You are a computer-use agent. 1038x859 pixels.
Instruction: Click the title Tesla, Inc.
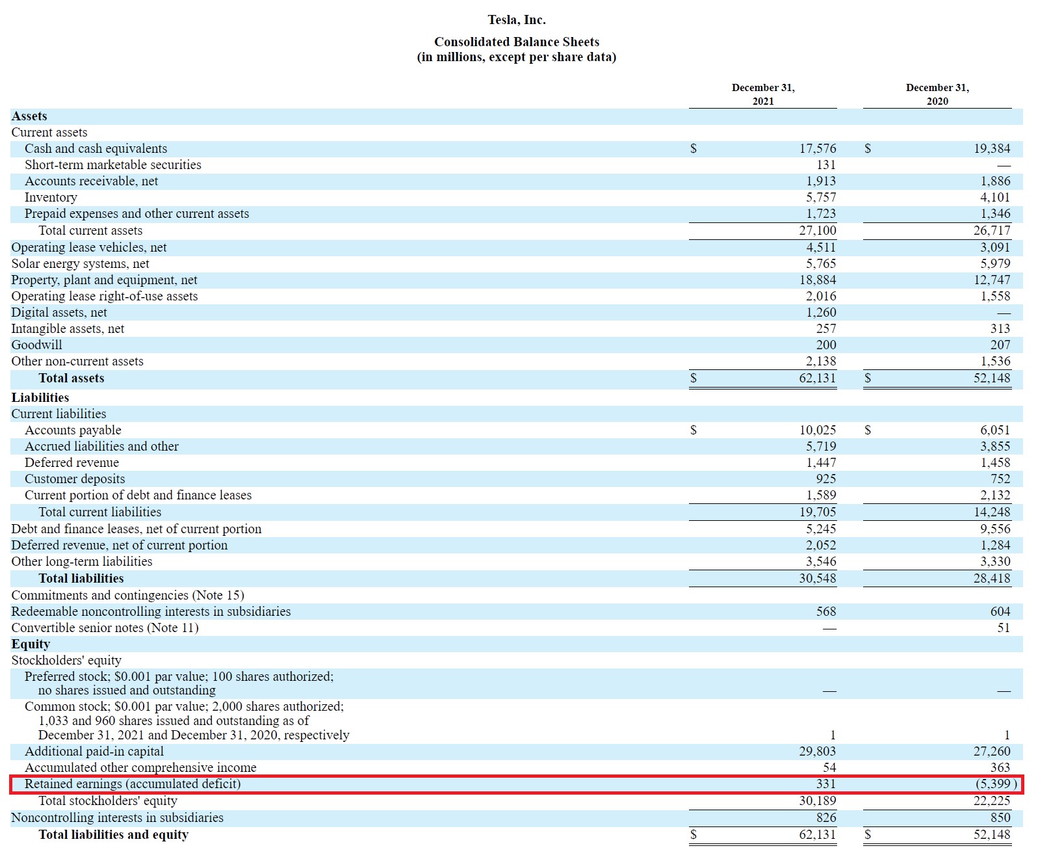(x=517, y=20)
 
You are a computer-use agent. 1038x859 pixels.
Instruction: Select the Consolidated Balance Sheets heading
(x=517, y=42)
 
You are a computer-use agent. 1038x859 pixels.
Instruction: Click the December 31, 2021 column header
(x=763, y=94)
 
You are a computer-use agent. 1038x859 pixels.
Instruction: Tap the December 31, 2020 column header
(x=937, y=94)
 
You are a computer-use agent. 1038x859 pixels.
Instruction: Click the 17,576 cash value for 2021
(x=817, y=149)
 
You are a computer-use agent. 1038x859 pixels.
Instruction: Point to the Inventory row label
(x=51, y=198)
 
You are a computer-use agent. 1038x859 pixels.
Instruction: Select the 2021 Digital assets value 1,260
(x=821, y=313)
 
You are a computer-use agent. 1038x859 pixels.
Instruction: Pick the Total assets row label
(x=71, y=378)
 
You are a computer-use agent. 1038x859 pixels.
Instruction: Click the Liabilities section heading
(x=40, y=398)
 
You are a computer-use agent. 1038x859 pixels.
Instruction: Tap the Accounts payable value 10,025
(x=817, y=430)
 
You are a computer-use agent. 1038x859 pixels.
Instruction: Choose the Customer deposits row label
(x=75, y=479)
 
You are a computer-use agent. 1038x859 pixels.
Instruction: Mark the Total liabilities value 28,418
(x=991, y=579)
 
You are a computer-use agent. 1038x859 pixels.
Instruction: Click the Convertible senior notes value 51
(x=1003, y=628)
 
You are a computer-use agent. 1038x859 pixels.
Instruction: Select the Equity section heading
(x=31, y=644)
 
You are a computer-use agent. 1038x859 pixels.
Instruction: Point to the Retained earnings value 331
(x=825, y=784)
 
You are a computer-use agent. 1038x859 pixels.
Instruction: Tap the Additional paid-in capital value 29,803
(x=817, y=752)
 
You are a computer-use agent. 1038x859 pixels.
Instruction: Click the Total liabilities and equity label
(x=113, y=835)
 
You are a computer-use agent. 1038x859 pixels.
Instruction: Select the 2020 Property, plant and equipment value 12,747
(x=991, y=280)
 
